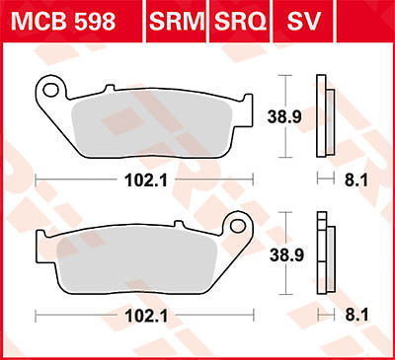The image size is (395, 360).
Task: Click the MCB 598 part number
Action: [63, 22]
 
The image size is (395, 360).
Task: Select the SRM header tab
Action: [177, 22]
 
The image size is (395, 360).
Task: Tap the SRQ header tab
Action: [240, 22]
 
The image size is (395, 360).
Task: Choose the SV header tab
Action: [303, 22]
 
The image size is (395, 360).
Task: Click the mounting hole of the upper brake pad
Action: [51, 90]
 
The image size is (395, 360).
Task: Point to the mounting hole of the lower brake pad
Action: [238, 226]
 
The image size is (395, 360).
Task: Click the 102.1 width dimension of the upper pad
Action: [146, 180]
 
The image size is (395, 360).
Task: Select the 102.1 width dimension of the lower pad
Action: [146, 316]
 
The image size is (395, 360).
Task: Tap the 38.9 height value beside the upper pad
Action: [284, 116]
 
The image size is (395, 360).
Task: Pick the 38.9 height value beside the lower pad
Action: [286, 254]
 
